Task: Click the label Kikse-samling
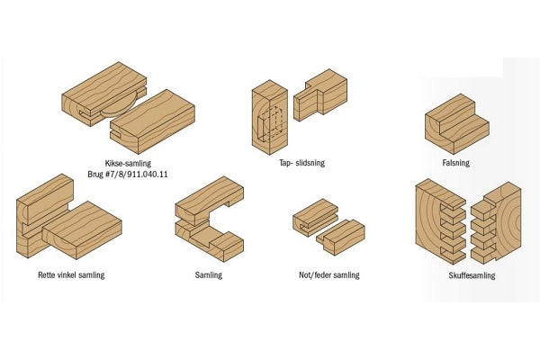click(128, 163)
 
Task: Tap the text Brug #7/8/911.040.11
click(128, 174)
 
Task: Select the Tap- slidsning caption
click(302, 163)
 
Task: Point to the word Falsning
click(456, 163)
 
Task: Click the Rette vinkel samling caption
click(71, 274)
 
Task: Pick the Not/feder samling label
click(329, 274)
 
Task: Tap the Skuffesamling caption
click(472, 275)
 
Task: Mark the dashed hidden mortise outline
click(270, 124)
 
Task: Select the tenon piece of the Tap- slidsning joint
click(320, 95)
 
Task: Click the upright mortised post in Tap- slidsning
click(270, 117)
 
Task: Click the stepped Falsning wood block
click(457, 124)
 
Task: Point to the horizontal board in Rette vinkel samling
click(82, 230)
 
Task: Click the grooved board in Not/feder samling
click(315, 218)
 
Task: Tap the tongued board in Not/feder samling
click(340, 237)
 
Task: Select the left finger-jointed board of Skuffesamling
click(441, 221)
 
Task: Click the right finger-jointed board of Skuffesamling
click(496, 223)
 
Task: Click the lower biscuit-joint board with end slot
click(153, 121)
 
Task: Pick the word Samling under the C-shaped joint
click(209, 274)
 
